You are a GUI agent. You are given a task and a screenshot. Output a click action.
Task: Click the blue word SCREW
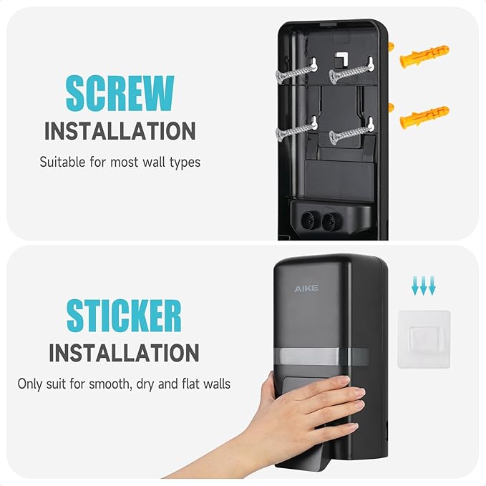[x=120, y=93]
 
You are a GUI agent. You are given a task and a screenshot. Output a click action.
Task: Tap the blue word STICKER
[x=124, y=315]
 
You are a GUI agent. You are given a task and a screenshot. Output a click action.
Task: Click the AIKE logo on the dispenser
[x=306, y=288]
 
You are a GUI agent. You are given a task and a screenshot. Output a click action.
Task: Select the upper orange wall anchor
[x=424, y=56]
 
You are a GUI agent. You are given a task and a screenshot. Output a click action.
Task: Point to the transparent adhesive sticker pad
[x=424, y=339]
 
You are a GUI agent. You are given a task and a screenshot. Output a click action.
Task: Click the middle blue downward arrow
[x=424, y=285]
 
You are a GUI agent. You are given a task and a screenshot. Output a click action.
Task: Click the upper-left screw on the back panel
[x=296, y=72]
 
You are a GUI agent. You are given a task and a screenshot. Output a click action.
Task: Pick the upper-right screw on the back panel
[x=351, y=72]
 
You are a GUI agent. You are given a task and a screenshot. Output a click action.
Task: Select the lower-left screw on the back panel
[x=296, y=130]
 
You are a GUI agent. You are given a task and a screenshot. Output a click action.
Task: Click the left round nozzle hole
[x=308, y=220]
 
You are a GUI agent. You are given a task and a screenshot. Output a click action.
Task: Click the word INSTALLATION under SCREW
[x=120, y=131]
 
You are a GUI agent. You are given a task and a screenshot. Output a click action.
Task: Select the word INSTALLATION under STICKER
[x=124, y=353]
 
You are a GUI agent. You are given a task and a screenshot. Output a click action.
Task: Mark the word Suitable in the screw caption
[x=62, y=162]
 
